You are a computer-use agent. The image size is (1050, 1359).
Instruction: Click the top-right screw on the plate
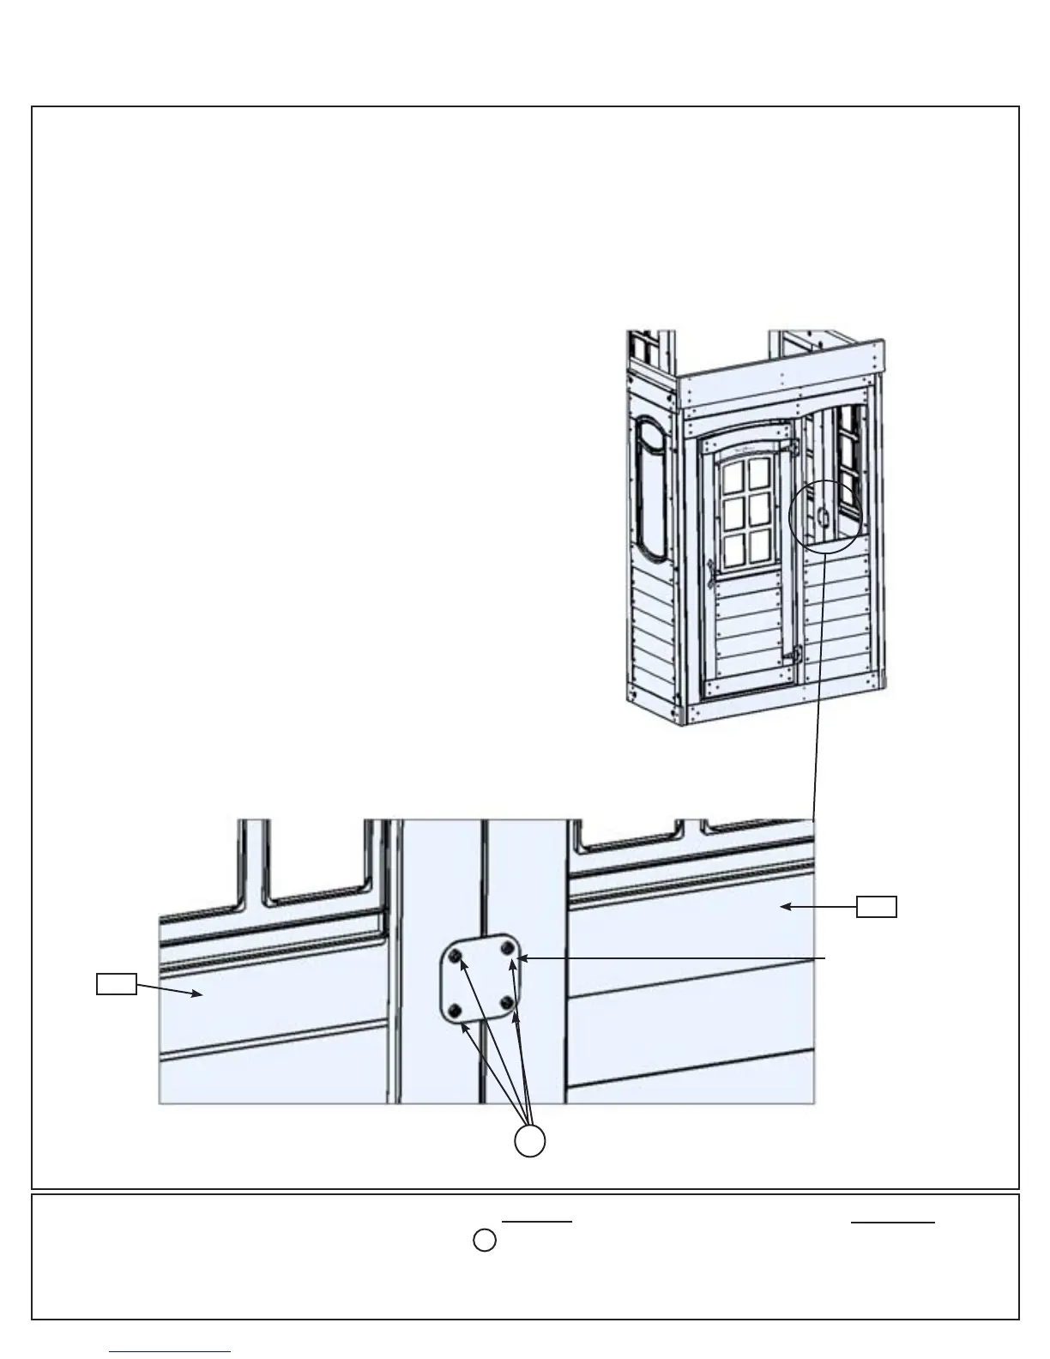(508, 948)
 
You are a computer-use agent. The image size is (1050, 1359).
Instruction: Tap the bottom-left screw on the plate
(456, 1010)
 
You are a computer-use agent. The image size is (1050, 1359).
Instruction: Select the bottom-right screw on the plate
(508, 1002)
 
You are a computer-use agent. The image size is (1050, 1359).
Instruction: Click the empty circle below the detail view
(530, 1141)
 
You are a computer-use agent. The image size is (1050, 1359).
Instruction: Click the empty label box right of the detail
(877, 906)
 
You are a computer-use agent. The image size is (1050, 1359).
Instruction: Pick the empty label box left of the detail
(116, 984)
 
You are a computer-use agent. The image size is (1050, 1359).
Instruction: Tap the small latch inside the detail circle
(822, 516)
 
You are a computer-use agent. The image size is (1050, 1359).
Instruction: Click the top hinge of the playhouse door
(794, 447)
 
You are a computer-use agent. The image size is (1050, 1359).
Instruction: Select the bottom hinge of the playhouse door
(796, 654)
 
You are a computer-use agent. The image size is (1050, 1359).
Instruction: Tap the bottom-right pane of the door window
(760, 547)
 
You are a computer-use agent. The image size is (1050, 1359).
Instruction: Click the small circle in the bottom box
(485, 1241)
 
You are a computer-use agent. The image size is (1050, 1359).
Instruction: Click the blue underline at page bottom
(170, 1351)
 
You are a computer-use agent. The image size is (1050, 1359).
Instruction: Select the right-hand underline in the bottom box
(892, 1222)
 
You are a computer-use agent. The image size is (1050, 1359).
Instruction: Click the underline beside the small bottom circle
(537, 1221)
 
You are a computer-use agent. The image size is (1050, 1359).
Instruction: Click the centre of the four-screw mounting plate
(482, 979)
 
